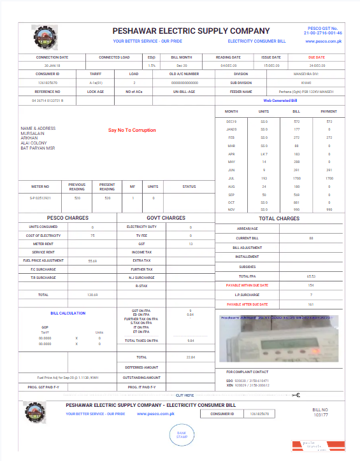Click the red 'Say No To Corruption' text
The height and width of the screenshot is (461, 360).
pyautogui.click(x=132, y=130)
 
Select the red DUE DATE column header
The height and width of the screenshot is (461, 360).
pyautogui.click(x=317, y=57)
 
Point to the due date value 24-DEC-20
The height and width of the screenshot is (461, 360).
pyautogui.click(x=317, y=66)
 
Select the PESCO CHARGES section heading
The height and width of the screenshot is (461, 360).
pyautogui.click(x=68, y=218)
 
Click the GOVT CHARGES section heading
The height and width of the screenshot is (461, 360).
pyautogui.click(x=166, y=218)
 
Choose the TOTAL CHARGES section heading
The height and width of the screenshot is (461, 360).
pyautogui.click(x=279, y=218)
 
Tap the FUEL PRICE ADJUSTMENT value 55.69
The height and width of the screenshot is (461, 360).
pyautogui.click(x=92, y=260)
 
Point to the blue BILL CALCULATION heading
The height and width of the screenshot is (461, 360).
pyautogui.click(x=68, y=313)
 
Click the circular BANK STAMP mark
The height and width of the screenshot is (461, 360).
pyautogui.click(x=182, y=434)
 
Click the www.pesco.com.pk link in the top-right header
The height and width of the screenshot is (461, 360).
pyautogui.click(x=324, y=41)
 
